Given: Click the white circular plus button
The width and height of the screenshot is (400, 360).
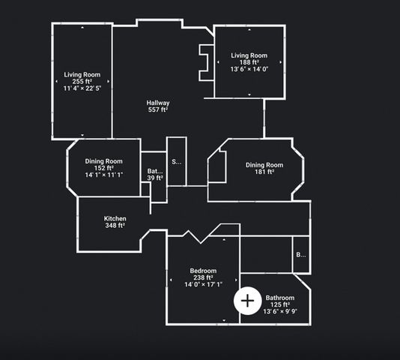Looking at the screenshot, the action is pos(247,301).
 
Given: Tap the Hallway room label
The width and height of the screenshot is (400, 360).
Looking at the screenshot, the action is pos(158,103).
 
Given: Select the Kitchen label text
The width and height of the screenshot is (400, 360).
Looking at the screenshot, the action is pos(115,219).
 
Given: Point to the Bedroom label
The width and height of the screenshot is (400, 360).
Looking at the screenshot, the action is pos(203,271).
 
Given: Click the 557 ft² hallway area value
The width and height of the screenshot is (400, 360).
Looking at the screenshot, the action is pos(158,109).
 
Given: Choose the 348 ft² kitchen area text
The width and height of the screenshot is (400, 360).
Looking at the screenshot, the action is pos(115,225).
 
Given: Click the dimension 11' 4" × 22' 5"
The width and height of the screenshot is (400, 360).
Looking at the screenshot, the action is pos(82,88).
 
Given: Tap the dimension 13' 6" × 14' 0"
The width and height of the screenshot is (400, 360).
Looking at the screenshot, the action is pos(249,69).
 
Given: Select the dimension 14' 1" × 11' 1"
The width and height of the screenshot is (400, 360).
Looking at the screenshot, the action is pos(104,175).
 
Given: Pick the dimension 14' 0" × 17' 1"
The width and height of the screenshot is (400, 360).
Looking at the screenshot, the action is pos(203,284).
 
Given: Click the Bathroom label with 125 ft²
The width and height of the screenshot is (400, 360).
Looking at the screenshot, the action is pos(280,298).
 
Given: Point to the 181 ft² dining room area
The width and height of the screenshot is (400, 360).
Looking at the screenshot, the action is pos(264,172).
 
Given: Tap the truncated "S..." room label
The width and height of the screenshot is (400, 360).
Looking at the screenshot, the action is pos(177,162).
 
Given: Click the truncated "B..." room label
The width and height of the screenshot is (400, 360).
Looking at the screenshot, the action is pos(301,255).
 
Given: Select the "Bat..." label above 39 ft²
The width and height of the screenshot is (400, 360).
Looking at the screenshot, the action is pos(155,171).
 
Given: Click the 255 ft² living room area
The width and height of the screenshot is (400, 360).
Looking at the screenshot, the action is pos(82,82).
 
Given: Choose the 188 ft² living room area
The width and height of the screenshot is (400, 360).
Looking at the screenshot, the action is pos(249,62).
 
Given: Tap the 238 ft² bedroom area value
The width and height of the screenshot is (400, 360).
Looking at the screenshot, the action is pos(203,277).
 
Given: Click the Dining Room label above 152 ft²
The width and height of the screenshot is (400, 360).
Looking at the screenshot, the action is pos(104,161).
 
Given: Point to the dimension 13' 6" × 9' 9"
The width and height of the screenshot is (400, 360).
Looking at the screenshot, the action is pos(280,311).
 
